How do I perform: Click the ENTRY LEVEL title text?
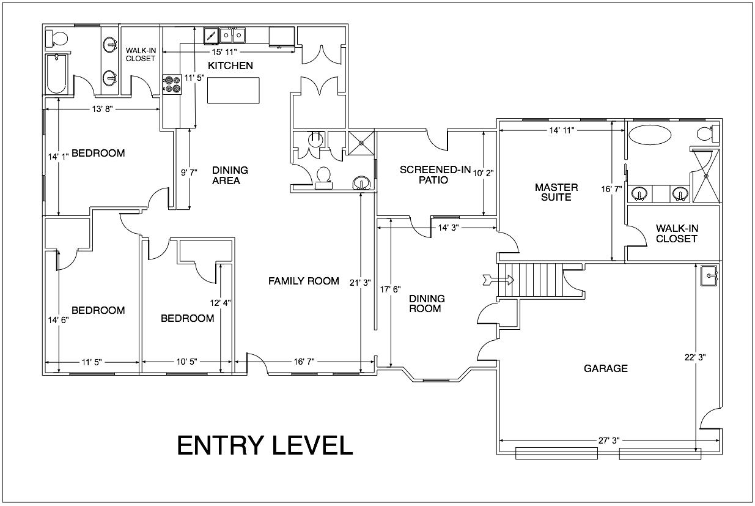[265, 445]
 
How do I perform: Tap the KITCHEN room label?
[230, 65]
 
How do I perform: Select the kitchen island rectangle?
[234, 91]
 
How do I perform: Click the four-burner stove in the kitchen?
[172, 84]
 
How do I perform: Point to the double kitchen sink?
[232, 35]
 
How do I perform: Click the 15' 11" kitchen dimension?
[224, 52]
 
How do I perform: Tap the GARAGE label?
[606, 368]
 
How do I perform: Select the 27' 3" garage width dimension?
[609, 441]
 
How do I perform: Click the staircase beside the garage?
[531, 280]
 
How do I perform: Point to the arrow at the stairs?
[498, 280]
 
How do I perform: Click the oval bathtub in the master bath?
[650, 135]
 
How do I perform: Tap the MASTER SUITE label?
[556, 192]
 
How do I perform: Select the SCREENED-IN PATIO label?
[435, 175]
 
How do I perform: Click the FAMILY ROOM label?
[304, 281]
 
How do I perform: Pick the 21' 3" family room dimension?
[360, 283]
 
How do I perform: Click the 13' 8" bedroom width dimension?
[103, 109]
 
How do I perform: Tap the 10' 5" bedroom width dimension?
[186, 362]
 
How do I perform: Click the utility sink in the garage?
[710, 275]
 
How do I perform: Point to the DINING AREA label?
[230, 176]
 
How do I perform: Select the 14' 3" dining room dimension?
[448, 228]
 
